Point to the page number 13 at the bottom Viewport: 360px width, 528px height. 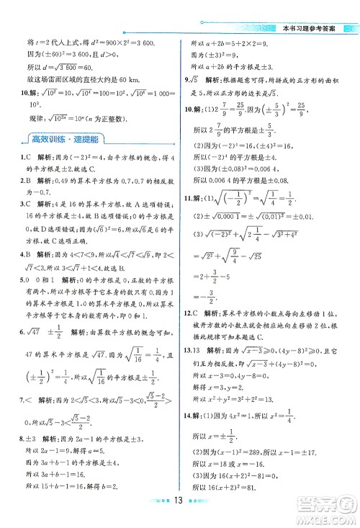pyautogui.click(x=180, y=518)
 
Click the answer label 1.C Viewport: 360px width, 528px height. pyautogui.click(x=22, y=157)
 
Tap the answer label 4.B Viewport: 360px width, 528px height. pyautogui.click(x=22, y=274)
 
